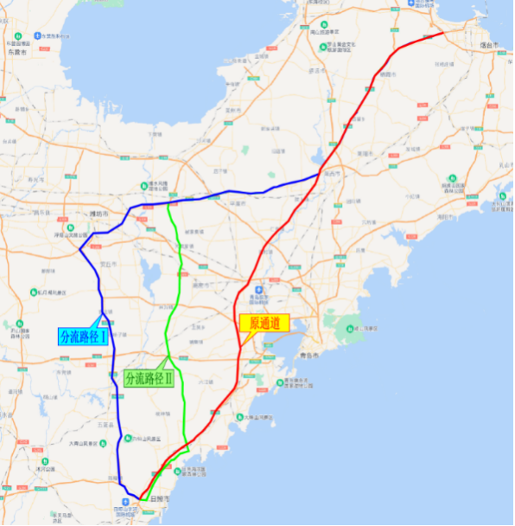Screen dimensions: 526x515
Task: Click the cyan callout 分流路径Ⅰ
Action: pyautogui.click(x=84, y=337)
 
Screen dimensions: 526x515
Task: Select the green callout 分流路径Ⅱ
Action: pyautogui.click(x=149, y=378)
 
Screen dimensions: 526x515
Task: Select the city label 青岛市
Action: pyautogui.click(x=309, y=356)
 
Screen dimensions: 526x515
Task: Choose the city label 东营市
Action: pyautogui.click(x=15, y=52)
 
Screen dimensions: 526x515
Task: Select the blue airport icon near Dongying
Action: pyautogui.click(x=37, y=35)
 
